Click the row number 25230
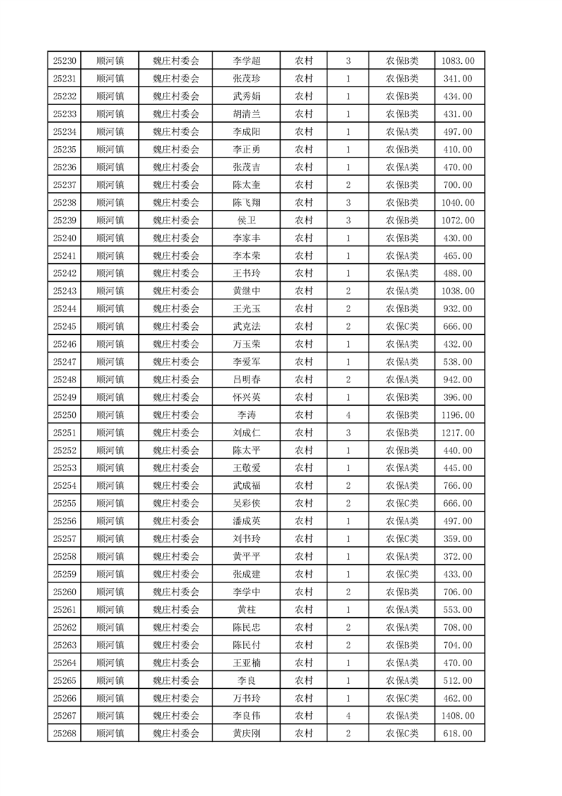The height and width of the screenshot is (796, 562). click(x=64, y=61)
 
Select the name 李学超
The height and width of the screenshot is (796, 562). click(x=247, y=61)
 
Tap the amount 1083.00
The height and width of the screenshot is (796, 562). click(x=458, y=61)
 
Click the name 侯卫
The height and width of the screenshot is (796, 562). click(x=247, y=221)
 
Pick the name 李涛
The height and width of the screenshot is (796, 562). click(x=247, y=415)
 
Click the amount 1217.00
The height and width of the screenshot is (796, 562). click(x=458, y=433)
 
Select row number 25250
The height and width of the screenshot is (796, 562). click(x=64, y=415)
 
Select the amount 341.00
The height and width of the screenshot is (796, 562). click(x=458, y=79)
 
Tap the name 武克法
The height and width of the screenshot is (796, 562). click(x=247, y=326)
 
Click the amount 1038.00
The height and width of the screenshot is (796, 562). click(x=458, y=291)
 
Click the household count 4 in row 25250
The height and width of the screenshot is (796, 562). click(x=348, y=415)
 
